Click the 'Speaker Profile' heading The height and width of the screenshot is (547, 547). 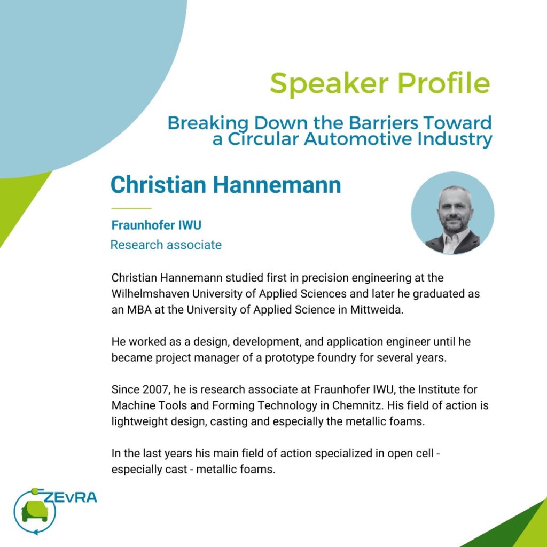point(380,84)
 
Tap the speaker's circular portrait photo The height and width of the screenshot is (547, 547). point(452,213)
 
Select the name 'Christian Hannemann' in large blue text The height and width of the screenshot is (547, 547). point(226,184)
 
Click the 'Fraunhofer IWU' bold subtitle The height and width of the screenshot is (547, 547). point(157,225)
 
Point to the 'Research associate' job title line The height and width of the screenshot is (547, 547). point(166,245)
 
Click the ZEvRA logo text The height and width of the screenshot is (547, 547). point(70,497)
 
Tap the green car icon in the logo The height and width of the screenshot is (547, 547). point(35,512)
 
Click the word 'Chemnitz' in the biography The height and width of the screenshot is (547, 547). point(357,405)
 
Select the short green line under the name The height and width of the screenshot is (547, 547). point(131,208)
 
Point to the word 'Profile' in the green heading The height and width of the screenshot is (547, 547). point(444,83)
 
